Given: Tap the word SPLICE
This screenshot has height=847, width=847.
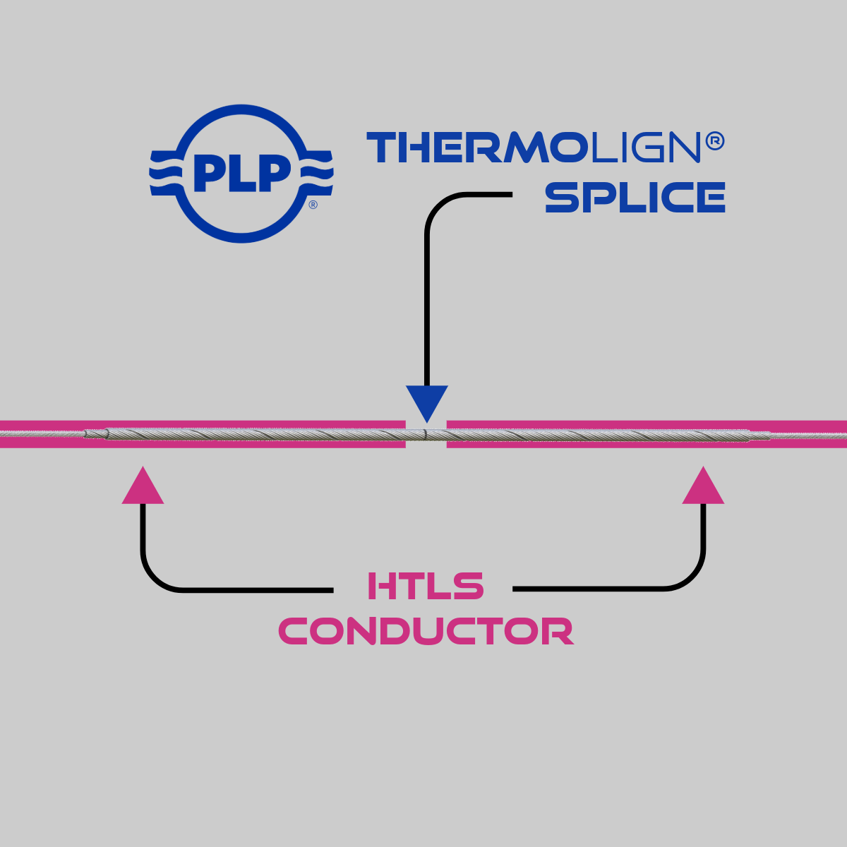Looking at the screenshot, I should pos(635,198).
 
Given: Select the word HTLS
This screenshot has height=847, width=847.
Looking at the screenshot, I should pos(426,587).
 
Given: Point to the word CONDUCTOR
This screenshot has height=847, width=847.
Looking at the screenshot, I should pos(426,631).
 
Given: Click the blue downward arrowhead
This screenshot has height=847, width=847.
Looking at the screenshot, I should pos(427,402).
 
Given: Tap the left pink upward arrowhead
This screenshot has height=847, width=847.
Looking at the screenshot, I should pos(143,487).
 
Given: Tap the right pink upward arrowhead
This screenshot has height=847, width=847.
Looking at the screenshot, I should pos(703,487).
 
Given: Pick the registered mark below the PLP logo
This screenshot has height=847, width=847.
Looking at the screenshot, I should pos(313,205).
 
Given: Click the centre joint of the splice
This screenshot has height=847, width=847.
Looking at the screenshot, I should pos(426,434).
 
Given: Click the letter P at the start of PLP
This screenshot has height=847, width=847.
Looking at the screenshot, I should pos(208,174).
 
